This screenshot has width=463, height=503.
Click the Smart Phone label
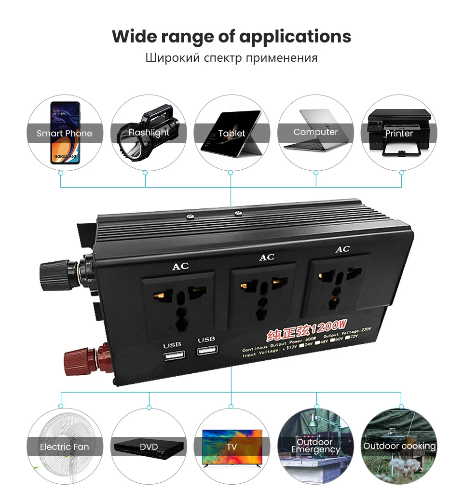tap(64, 133)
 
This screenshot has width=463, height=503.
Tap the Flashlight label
tap(149, 132)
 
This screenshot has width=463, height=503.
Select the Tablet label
tap(231, 133)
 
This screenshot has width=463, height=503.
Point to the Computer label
tap(315, 132)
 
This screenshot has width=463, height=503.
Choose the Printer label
tap(399, 133)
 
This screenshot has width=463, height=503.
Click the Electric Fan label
tap(64, 447)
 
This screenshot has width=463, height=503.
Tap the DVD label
tap(149, 447)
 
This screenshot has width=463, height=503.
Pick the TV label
tap(231, 447)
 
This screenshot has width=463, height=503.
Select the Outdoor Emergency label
tap(315, 446)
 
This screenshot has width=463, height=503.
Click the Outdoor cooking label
tap(399, 446)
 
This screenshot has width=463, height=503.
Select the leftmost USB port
tap(175, 356)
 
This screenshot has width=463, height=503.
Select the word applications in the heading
tap(295, 37)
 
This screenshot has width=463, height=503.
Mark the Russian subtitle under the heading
tap(231, 58)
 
